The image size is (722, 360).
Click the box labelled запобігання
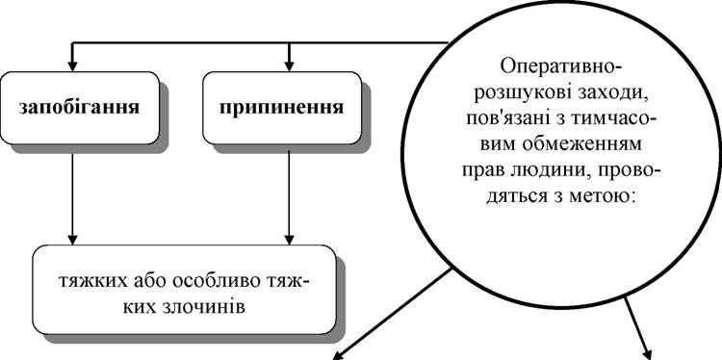click(80, 108)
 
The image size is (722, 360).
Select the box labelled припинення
click(282, 108)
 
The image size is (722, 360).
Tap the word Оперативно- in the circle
click(561, 69)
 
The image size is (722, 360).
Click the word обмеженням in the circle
click(581, 145)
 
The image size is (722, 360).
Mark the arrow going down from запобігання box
click(72, 199)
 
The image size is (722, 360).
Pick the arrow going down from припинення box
click(289, 198)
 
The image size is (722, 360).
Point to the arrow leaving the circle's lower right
click(638, 328)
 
